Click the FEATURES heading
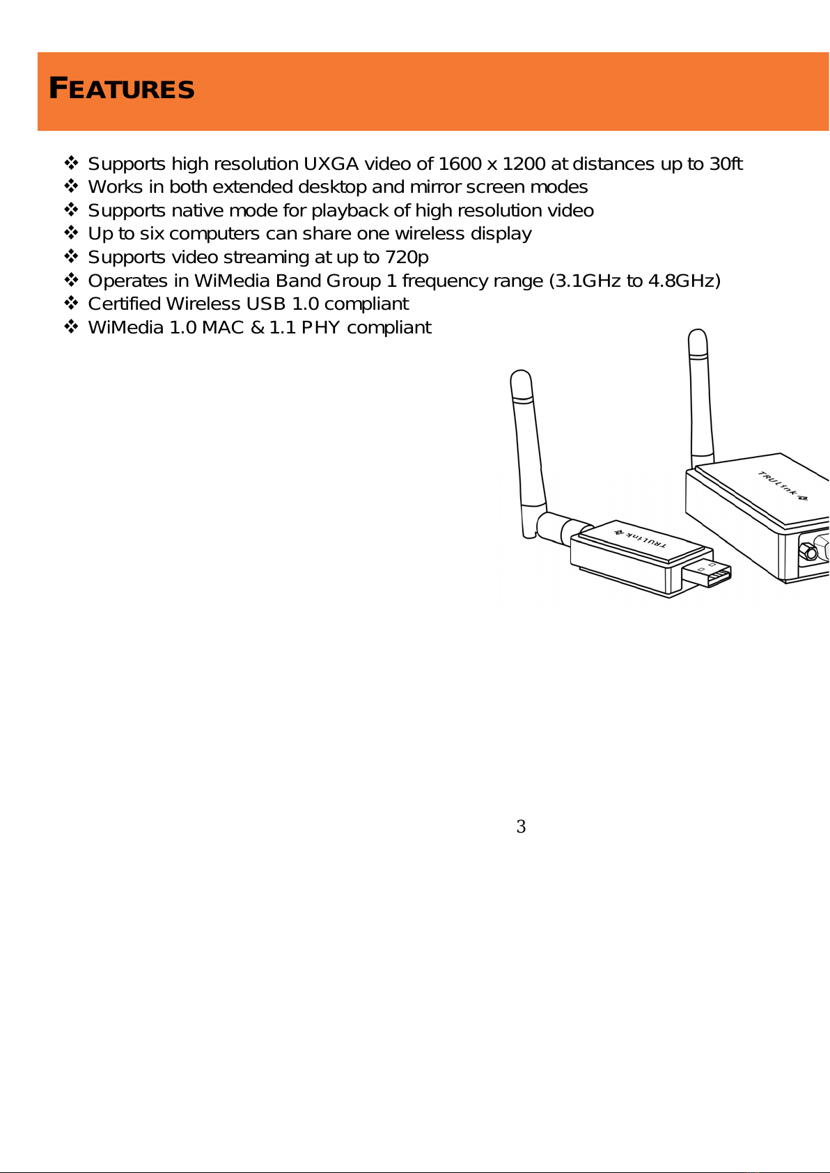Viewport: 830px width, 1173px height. coord(121,88)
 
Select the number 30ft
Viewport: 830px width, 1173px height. coord(726,164)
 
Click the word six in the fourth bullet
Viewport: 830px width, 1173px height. coord(151,233)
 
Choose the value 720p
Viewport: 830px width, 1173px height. coord(407,257)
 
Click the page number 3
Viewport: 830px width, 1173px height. coord(521,826)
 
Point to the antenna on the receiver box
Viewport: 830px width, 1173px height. coord(700,398)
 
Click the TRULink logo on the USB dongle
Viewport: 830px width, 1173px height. coord(641,538)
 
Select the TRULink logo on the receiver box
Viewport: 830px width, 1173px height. coord(783,486)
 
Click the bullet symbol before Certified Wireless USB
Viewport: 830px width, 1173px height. coord(71,304)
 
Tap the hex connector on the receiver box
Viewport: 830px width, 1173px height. coord(808,551)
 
